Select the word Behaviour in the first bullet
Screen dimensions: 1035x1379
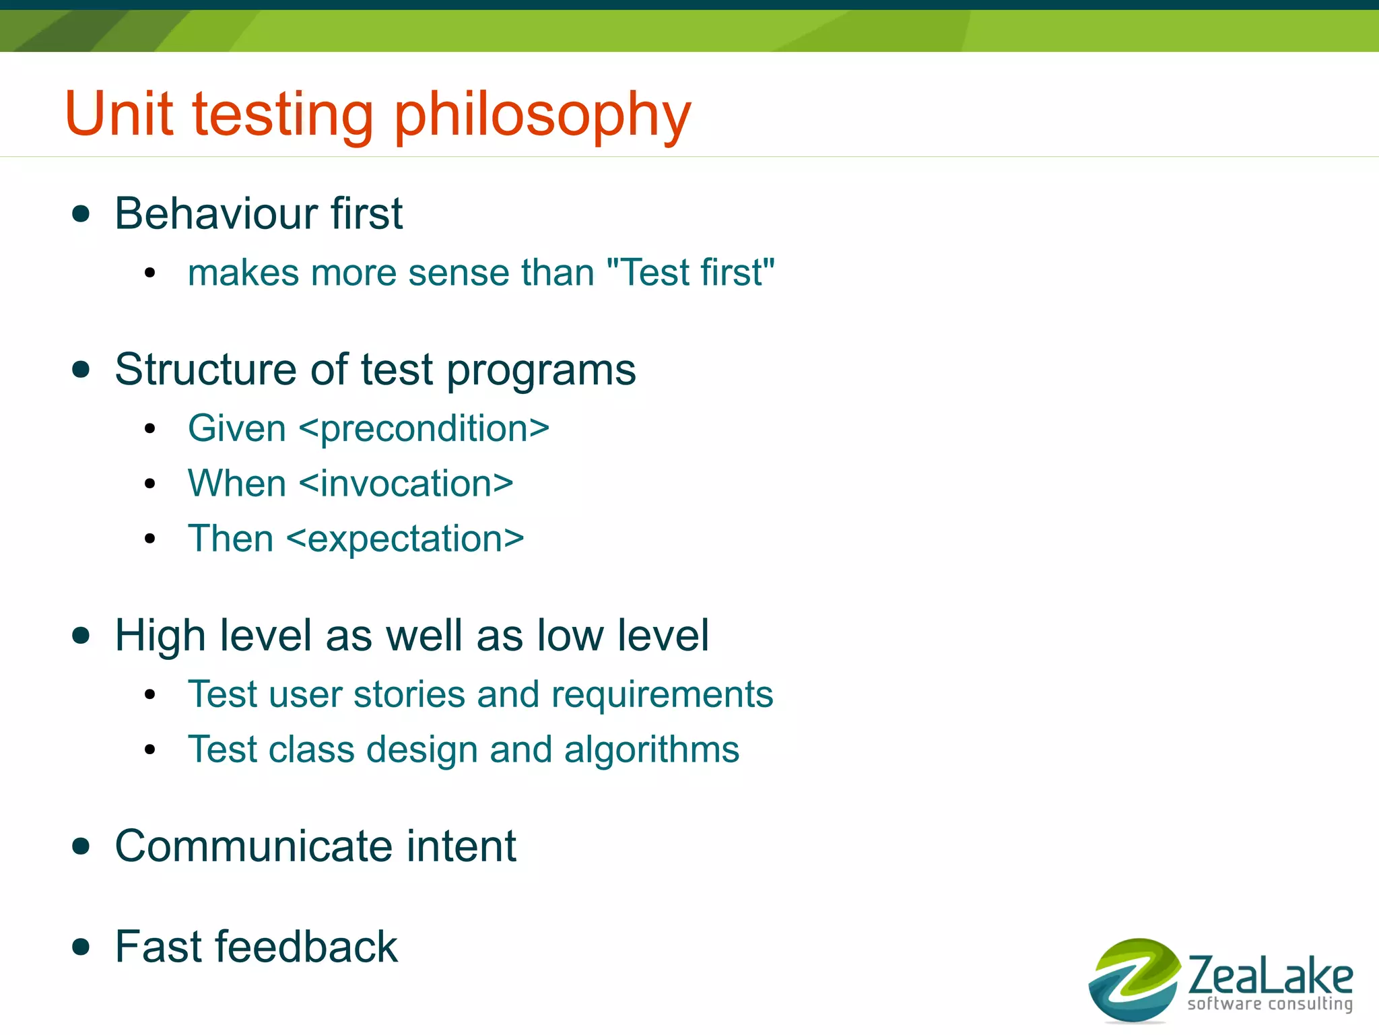[x=215, y=214]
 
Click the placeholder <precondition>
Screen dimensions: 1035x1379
[x=424, y=429]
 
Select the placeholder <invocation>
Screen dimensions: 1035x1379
[x=406, y=484]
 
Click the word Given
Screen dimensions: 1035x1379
[x=237, y=429]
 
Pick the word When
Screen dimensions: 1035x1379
[x=237, y=484]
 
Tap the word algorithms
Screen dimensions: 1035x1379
[x=651, y=750]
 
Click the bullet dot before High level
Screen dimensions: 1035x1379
[x=81, y=636]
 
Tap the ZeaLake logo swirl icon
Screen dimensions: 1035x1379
[x=1134, y=980]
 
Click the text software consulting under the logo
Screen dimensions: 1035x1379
[x=1270, y=1004]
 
